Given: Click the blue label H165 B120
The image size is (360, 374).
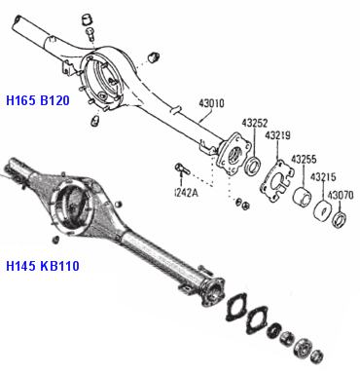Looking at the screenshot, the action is coord(38,100).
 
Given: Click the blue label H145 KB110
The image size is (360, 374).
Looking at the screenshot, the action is coord(43,266).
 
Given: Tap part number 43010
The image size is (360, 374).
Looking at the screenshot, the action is coord(211,103).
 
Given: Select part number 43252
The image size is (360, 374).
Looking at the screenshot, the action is coord(255,123).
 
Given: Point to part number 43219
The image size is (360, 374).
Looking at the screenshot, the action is coord(277,135).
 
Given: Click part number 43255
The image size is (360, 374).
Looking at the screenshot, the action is coord(304,160).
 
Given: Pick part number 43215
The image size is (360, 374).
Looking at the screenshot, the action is coord(323,177).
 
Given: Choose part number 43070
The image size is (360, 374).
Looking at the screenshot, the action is coord(341,195).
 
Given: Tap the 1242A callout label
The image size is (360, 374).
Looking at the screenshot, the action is coord(186,193).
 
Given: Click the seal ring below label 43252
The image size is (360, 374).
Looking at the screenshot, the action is coord(253,166).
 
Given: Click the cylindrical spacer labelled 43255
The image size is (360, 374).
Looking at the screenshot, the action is coord(302,196).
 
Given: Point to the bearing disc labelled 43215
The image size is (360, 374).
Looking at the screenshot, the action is coord(323,212).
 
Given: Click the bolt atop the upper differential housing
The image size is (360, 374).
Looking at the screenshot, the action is coord(90,34).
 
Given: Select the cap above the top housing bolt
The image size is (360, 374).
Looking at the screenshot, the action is coord(87,19).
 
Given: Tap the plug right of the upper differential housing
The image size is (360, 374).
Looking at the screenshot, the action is coord(154,57).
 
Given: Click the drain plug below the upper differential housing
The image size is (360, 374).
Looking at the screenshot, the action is coord(94,122).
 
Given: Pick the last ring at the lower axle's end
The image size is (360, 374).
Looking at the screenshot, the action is coord(316,356).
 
